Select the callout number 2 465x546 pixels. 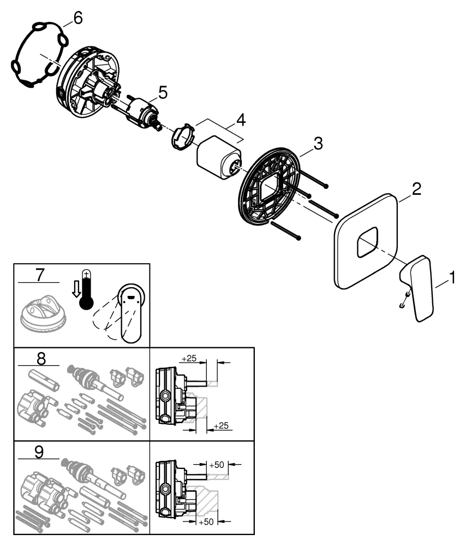pos(416,190)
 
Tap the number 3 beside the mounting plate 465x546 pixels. pos(318,144)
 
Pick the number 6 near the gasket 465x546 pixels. pos(77,18)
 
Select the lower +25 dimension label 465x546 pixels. pos(221,425)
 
